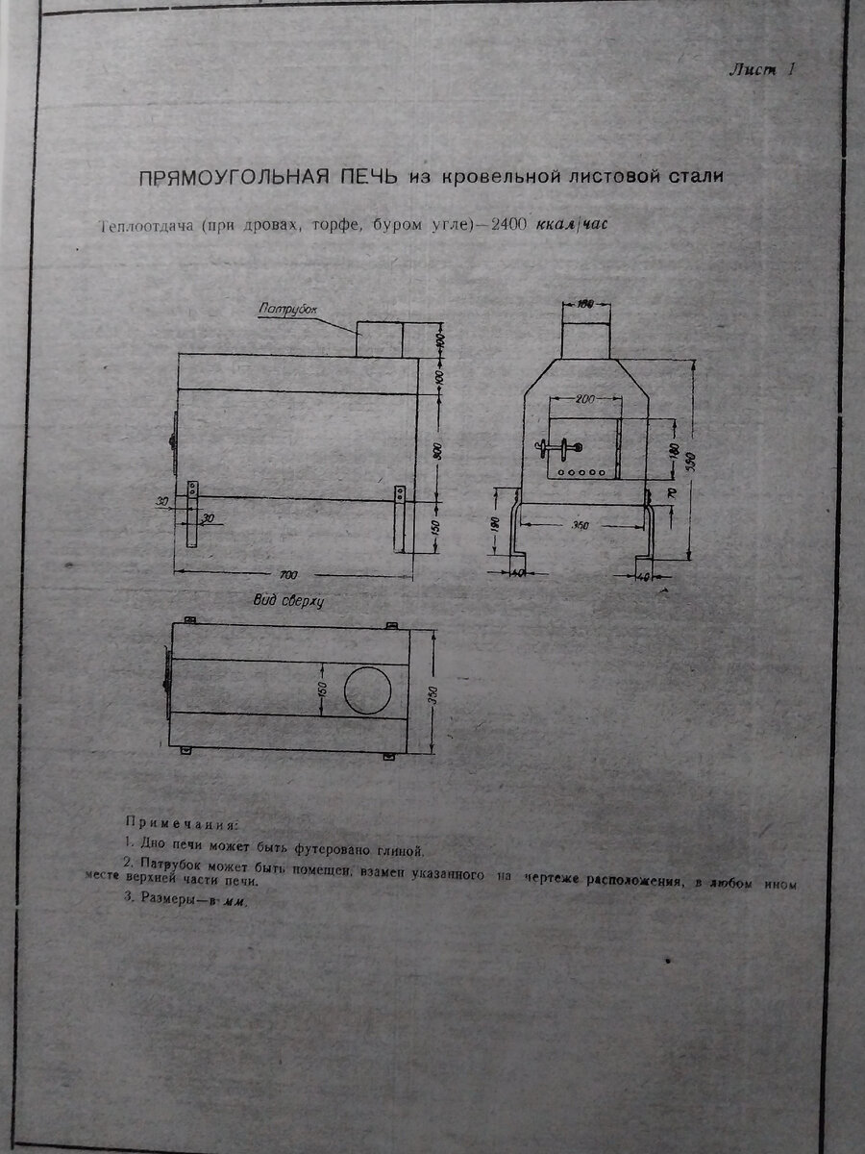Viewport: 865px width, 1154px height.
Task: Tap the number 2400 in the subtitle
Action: [x=507, y=224]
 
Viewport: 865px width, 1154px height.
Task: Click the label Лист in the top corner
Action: [x=752, y=69]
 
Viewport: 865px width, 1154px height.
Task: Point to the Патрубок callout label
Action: [x=286, y=310]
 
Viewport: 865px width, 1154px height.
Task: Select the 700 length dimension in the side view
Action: [x=287, y=574]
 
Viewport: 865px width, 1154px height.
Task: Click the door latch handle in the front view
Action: [x=558, y=447]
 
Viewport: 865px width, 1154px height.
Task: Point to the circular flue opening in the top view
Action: [x=368, y=690]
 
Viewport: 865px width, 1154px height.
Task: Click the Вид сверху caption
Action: [x=287, y=601]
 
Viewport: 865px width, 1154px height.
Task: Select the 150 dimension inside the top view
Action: [x=323, y=689]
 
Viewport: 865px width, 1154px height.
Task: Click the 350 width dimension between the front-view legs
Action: [x=579, y=525]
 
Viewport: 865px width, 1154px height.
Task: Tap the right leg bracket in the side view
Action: [x=399, y=519]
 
